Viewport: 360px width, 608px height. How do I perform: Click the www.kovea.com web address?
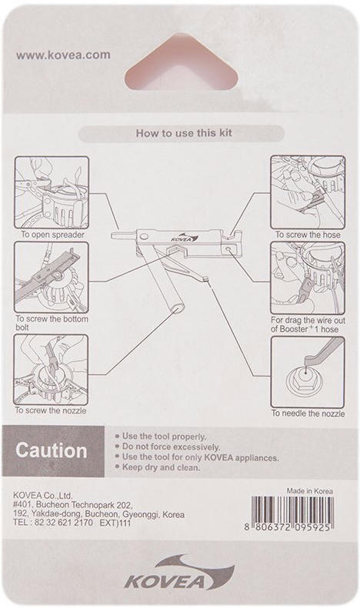coord(63,55)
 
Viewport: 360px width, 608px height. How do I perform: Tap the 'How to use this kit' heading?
coord(184,133)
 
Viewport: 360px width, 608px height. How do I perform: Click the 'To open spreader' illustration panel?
coord(52,192)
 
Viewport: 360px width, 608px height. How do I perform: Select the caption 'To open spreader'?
coord(52,235)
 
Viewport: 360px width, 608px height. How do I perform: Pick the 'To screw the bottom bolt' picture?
coord(52,278)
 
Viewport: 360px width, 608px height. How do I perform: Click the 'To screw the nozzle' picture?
coord(52,370)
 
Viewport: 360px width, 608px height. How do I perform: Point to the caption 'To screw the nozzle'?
coord(51,410)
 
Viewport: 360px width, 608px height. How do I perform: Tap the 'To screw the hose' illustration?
coord(308,192)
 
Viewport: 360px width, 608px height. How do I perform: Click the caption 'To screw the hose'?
coord(308,235)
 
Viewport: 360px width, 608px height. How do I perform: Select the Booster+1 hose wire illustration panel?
coord(308,278)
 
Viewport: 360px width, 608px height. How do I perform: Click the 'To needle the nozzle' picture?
coord(308,372)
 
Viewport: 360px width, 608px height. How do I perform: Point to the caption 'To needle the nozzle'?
coord(308,413)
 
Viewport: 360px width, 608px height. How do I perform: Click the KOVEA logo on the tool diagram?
coord(185,237)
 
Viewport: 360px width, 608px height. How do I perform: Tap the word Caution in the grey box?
coord(51,451)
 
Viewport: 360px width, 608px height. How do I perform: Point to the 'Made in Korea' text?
coord(310,491)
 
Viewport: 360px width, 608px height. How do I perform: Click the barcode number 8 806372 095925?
coord(287,528)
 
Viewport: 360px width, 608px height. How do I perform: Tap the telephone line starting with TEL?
coord(72,523)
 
